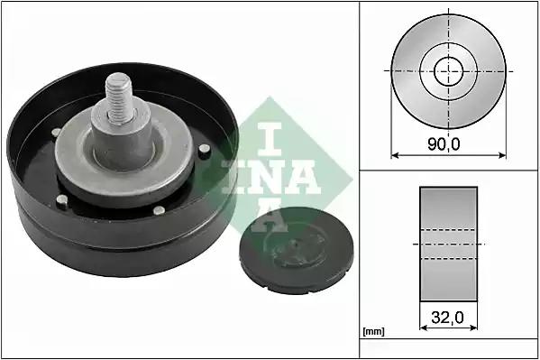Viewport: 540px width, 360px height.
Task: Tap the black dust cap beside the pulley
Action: [297, 250]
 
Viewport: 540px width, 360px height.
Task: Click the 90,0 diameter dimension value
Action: [444, 144]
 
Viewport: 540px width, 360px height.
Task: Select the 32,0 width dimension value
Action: [447, 317]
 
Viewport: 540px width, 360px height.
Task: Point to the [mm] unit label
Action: [373, 332]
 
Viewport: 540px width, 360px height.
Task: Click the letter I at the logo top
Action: [270, 139]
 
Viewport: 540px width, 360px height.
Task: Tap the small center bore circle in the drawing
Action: [448, 71]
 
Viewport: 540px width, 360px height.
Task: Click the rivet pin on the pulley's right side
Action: [205, 151]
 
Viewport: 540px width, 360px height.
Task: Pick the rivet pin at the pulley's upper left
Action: [57, 133]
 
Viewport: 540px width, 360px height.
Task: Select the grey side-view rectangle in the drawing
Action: [448, 244]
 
